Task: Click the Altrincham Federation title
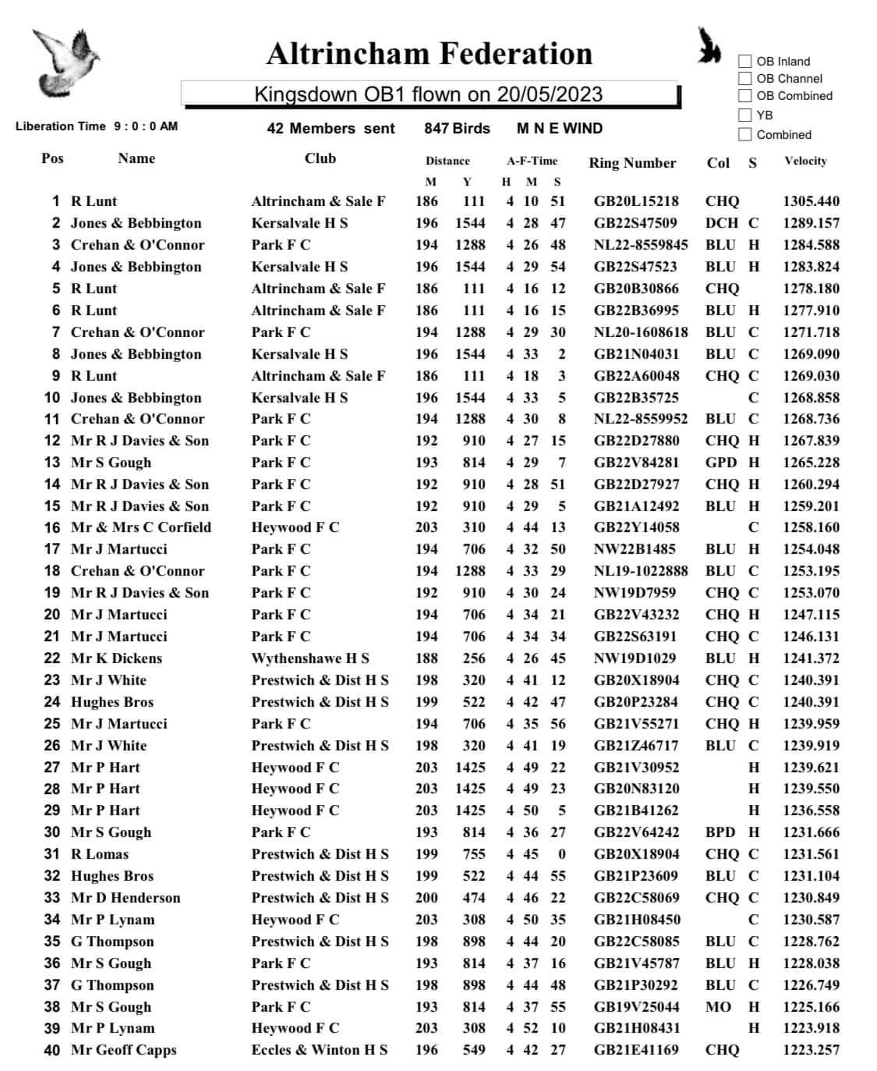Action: point(429,54)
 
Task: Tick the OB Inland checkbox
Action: point(745,61)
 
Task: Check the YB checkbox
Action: point(745,115)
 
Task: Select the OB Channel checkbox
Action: point(745,78)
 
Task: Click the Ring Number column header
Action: point(631,163)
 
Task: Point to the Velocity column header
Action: point(805,161)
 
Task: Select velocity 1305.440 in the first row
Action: point(811,201)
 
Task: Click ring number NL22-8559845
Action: point(641,245)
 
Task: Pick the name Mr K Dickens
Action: point(117,658)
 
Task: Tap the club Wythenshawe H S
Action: point(310,658)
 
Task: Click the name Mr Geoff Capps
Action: point(124,1050)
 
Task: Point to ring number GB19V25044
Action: point(636,1006)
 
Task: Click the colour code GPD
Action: point(721,463)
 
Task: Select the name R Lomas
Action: point(100,854)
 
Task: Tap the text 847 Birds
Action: point(457,129)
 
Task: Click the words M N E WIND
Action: point(559,129)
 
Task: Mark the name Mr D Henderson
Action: point(126,898)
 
